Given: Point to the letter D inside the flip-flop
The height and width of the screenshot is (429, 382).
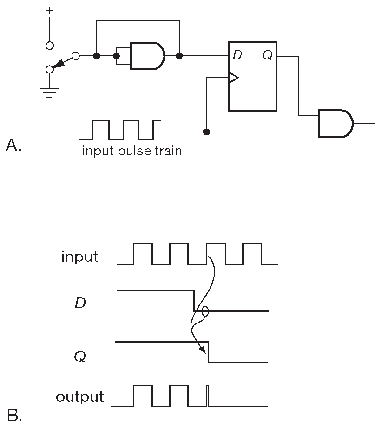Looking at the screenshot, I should coord(237,56).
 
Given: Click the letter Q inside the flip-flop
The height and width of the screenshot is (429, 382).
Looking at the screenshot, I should coord(268,56).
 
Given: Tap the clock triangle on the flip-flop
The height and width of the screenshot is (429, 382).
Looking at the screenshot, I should coord(233,78).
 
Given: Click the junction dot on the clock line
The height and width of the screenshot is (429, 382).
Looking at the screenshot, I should coord(206,132).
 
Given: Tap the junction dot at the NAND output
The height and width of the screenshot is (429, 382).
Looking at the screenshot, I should coord(179,56).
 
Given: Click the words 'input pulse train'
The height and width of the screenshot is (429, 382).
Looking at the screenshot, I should coord(132,151).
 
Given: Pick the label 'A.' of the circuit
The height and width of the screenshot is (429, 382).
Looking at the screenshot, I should coord(14,146).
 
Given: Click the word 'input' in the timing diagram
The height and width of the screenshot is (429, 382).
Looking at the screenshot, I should coord(80,257).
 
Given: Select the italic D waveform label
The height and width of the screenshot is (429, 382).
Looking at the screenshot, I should coord(80,304).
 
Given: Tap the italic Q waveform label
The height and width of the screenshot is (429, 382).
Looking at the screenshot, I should coord(80,357).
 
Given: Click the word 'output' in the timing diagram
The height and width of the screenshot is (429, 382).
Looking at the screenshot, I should coord(79,396).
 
